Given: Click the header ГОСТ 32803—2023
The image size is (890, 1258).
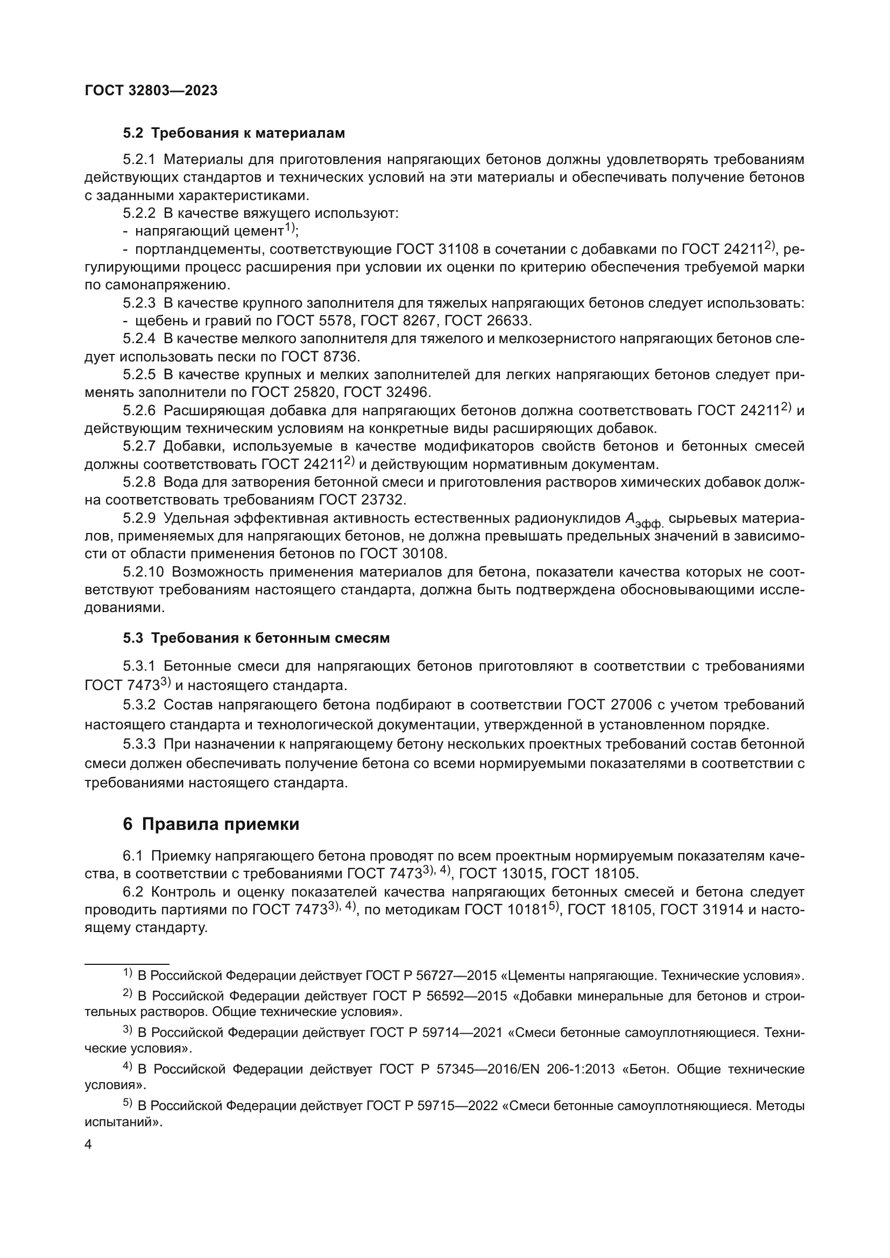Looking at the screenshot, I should click(x=151, y=90).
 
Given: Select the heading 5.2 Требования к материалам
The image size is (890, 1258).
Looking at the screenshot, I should click(x=234, y=133).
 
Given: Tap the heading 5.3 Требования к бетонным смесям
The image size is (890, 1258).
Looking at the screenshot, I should click(x=256, y=638).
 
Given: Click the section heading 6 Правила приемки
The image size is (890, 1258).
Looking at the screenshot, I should click(x=211, y=824).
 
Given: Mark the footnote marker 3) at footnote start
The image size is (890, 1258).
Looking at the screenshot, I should click(x=127, y=1030).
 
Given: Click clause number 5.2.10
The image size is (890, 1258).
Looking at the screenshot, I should click(x=143, y=572).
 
